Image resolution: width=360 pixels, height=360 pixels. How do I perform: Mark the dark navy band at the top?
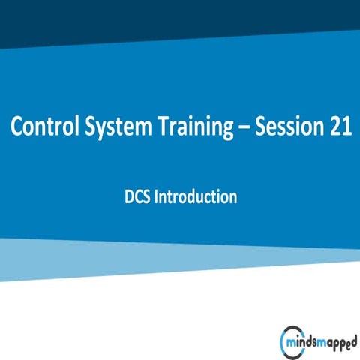pos(180,19)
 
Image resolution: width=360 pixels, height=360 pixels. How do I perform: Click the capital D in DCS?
pos(127,198)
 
